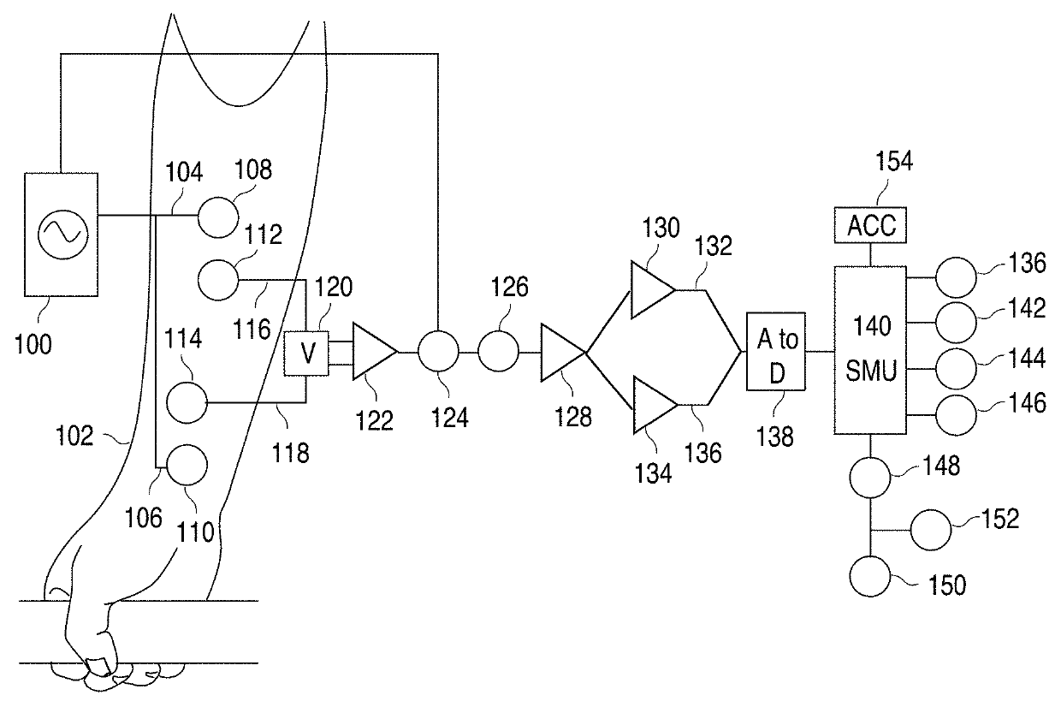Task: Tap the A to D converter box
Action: click(x=775, y=353)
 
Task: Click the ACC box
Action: click(x=870, y=225)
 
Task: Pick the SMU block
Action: click(x=870, y=350)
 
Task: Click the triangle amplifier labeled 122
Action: click(x=370, y=352)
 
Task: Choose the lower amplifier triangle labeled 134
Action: click(x=649, y=406)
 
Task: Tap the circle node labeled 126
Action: click(x=498, y=352)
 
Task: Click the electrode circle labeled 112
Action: click(x=219, y=280)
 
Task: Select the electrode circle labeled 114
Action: click(x=187, y=401)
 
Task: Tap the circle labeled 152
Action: click(x=930, y=530)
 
